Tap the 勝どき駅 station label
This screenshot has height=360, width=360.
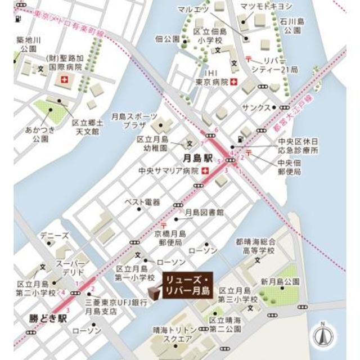coord(46,318)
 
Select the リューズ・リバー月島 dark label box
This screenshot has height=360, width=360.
coord(186,286)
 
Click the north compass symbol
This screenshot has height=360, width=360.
coord(322,336)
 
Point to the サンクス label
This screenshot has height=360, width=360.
coord(253,106)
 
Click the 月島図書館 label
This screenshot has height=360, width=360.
coord(205,213)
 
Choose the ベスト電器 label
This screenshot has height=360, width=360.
coord(142,201)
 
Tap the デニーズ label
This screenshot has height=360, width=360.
coord(57,236)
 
